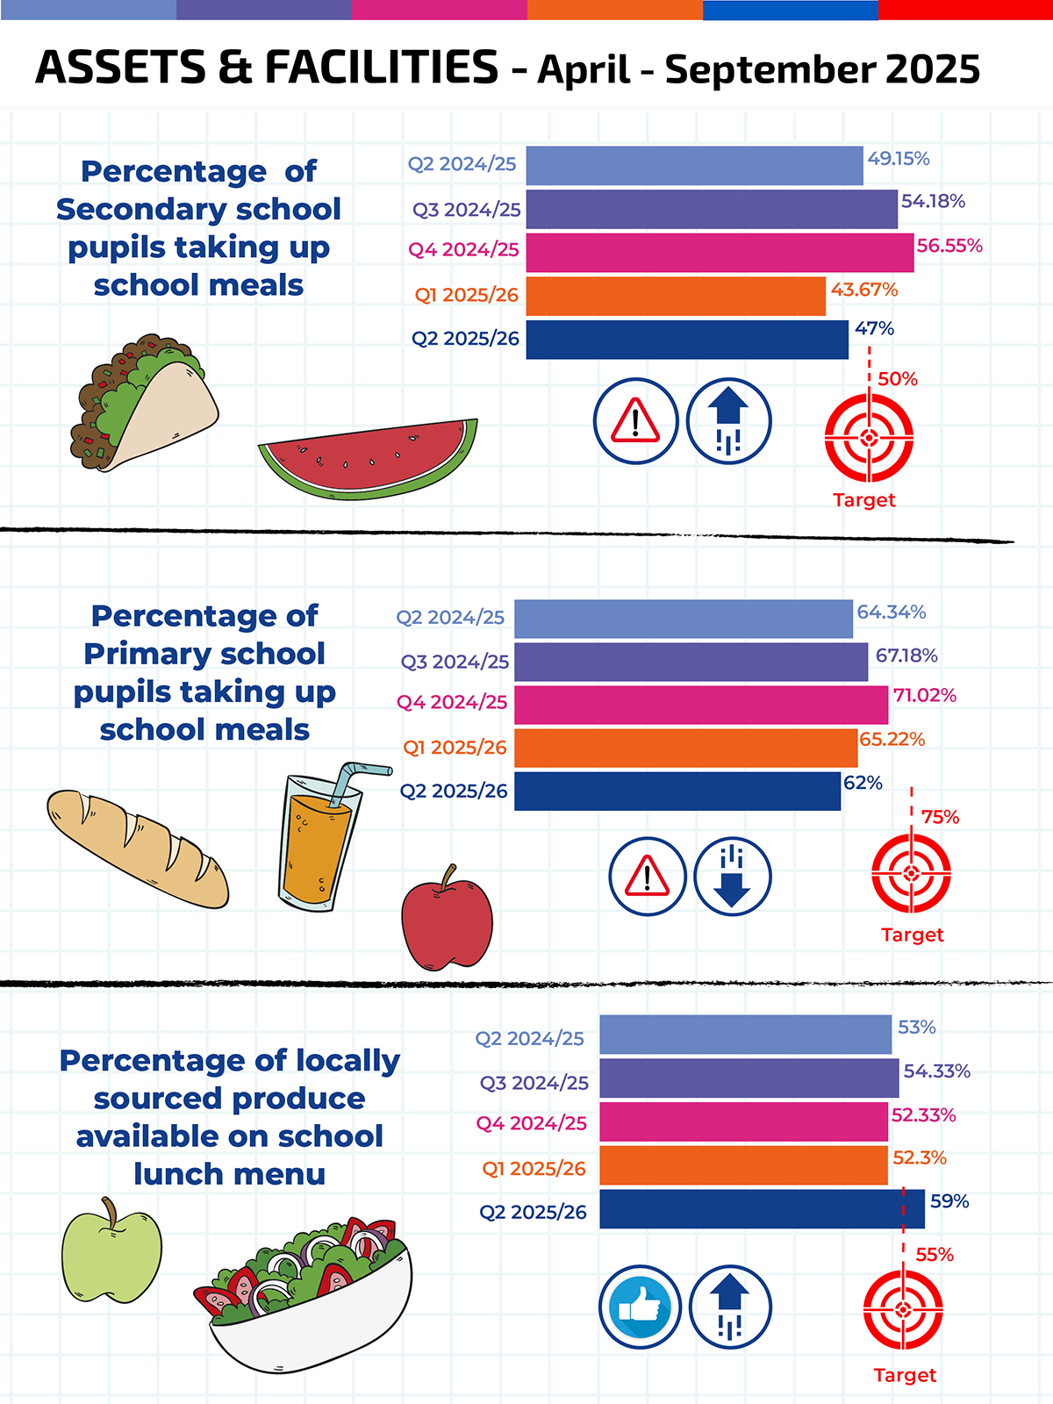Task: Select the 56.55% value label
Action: coord(949,246)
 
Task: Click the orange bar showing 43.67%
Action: coord(676,296)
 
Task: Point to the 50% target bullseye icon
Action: coord(869,438)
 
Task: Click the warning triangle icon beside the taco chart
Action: coord(635,421)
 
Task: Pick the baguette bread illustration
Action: coord(138,849)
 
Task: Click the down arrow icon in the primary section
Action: coord(732,877)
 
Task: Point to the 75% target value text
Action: coord(940,817)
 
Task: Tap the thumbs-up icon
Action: coord(640,1307)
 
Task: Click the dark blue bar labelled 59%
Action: coord(762,1209)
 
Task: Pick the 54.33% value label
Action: coord(937,1071)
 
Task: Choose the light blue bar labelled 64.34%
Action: coord(684,619)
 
